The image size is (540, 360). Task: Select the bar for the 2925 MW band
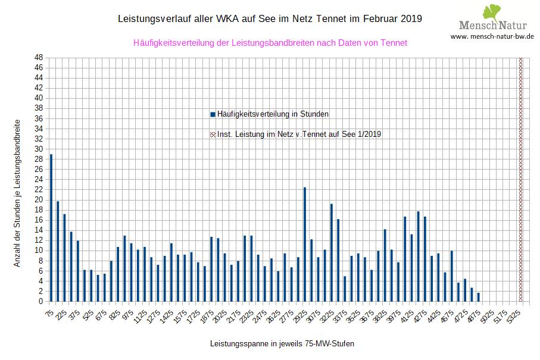tap(305, 244)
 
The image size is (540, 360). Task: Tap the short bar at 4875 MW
tap(479, 297)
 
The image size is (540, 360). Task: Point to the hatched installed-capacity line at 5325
tap(521, 179)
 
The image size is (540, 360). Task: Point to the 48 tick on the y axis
tap(39, 57)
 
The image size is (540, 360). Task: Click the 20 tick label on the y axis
tap(39, 200)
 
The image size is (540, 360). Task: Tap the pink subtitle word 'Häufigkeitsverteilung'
tap(172, 43)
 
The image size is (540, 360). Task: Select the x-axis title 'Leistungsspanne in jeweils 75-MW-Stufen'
tap(277, 344)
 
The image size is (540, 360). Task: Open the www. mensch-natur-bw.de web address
tap(492, 36)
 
